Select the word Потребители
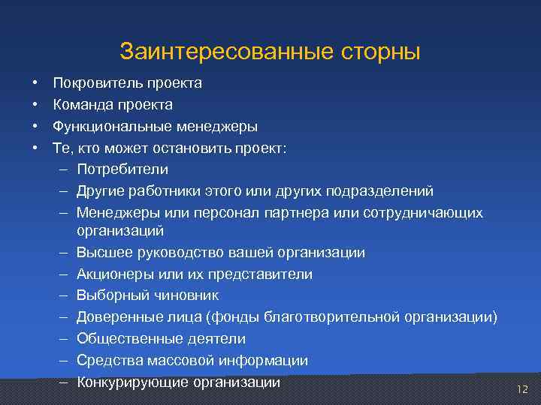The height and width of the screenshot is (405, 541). click(x=122, y=169)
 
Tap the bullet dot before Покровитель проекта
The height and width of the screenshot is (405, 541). click(x=35, y=83)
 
